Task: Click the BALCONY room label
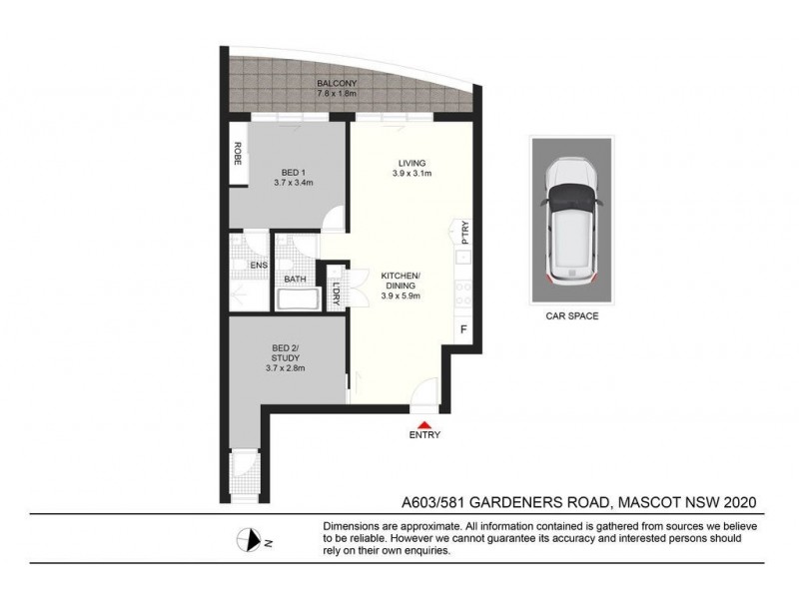click(x=332, y=83)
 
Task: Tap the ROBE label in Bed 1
click(x=239, y=154)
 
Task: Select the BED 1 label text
click(x=294, y=173)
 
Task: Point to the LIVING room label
click(x=411, y=164)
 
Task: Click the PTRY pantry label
click(x=465, y=233)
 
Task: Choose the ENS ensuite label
click(x=259, y=265)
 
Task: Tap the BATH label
click(x=295, y=280)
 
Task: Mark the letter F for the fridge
click(x=462, y=328)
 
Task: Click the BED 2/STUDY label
click(x=286, y=355)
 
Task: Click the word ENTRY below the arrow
click(x=424, y=435)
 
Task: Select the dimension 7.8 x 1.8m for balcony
click(x=332, y=95)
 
